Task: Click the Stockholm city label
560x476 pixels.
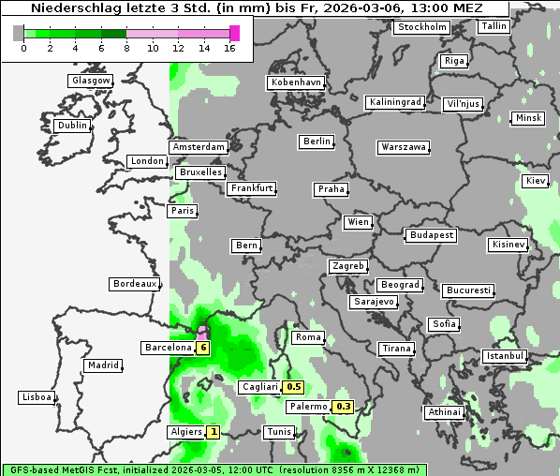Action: pos(422,27)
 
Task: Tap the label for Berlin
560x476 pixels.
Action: pos(317,141)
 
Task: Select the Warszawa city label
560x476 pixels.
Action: pos(405,147)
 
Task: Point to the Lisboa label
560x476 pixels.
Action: pos(37,397)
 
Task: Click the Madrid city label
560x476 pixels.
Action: pos(102,365)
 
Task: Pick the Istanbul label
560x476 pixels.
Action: pos(505,357)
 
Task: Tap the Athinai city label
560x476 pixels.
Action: pos(444,412)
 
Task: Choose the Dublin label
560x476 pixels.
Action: pos(71,126)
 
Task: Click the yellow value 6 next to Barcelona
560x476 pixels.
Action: pos(203,348)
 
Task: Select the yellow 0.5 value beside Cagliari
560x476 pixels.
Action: pos(293,386)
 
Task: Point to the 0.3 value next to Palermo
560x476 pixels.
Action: pos(344,407)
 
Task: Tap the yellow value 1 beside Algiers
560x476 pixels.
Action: pos(214,432)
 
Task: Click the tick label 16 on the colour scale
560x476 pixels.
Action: pos(230,49)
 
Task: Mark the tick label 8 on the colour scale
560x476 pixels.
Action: pos(125,49)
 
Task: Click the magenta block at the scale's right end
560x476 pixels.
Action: pos(234,34)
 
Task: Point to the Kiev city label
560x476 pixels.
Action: pos(536,181)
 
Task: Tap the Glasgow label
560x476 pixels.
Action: pos(91,81)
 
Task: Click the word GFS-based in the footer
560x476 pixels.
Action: pos(37,469)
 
